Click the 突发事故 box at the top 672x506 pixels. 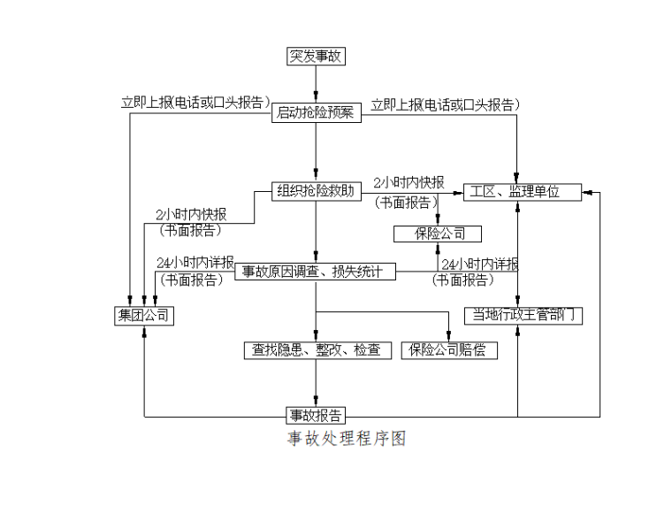coord(316,57)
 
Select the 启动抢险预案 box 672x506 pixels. coord(316,112)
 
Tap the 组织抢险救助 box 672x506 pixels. coord(316,191)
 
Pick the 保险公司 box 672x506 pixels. coord(437,234)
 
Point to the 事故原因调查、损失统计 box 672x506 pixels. coord(316,272)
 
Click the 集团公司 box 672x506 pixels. coord(143,315)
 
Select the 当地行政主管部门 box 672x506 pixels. coord(523,315)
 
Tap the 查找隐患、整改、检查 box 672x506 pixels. coord(316,350)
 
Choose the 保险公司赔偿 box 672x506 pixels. coord(448,350)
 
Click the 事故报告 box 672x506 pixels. coord(316,415)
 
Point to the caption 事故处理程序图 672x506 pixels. coord(345,439)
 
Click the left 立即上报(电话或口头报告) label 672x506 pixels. coord(195,103)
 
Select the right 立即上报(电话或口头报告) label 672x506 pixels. coord(445,104)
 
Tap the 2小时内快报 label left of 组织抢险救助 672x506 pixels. coord(190,215)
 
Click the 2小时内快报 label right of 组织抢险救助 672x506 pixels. coord(408,182)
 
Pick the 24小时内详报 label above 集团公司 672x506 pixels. coord(195,263)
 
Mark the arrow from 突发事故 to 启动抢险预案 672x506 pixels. coord(316,84)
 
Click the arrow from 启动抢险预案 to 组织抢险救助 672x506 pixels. coord(316,151)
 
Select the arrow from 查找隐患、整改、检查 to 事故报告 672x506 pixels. coord(316,382)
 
